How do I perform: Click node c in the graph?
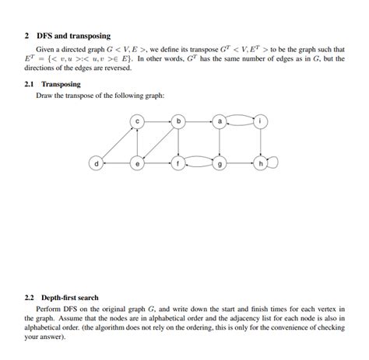point(138,121)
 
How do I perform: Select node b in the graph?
point(179,121)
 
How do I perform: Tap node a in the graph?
point(220,121)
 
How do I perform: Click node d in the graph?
point(97,164)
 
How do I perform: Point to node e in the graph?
point(138,164)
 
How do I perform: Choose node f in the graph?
point(179,164)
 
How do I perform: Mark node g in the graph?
point(220,164)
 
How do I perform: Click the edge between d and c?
point(117,143)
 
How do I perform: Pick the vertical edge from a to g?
point(220,143)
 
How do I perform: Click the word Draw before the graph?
point(44,96)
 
